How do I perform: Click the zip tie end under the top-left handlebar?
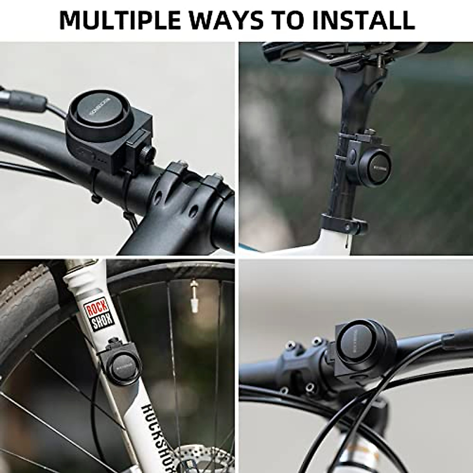pyautogui.click(x=95, y=199)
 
